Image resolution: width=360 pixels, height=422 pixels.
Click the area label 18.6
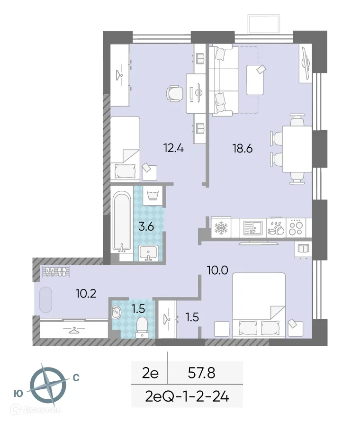[243, 149]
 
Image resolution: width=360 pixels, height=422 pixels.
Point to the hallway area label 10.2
[86, 294]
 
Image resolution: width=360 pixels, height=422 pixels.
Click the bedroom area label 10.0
[217, 270]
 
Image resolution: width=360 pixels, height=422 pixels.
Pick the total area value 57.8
[202, 373]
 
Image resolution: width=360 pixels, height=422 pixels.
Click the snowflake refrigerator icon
[220, 228]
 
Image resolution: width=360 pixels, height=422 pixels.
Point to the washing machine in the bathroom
[153, 196]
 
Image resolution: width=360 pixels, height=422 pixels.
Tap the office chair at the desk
[174, 93]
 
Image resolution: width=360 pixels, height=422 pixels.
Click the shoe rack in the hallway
[56, 271]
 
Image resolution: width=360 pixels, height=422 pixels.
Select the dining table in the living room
[297, 149]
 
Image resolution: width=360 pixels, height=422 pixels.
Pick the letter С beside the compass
[76, 377]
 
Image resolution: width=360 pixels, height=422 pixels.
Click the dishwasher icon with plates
[275, 228]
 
